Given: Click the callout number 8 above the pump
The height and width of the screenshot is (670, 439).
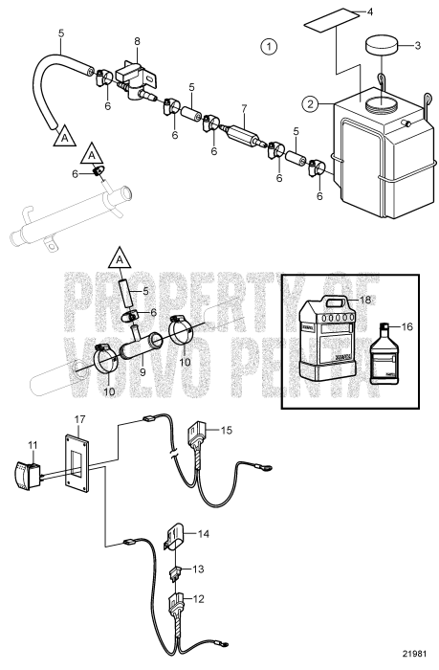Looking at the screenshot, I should [x=137, y=42].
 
